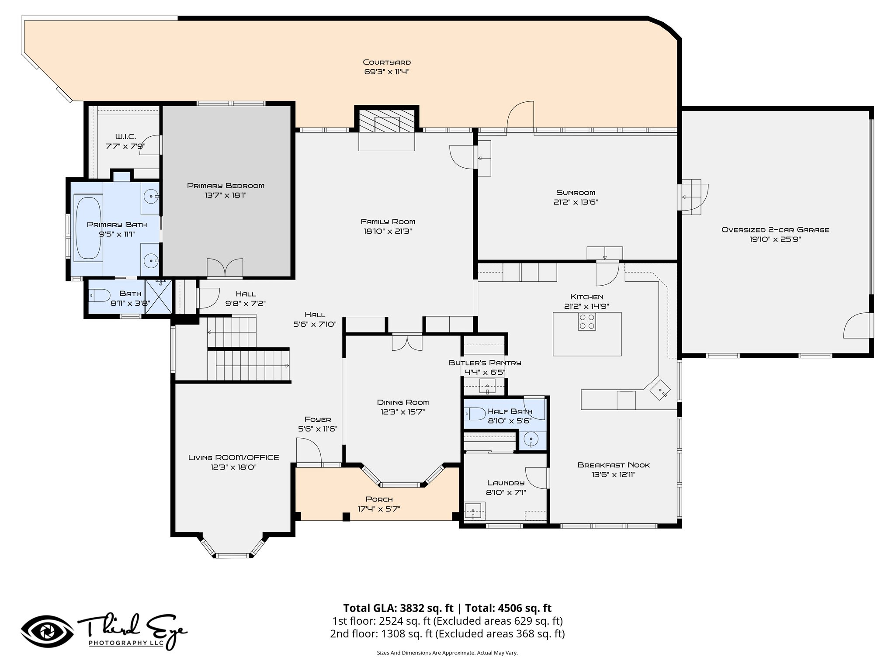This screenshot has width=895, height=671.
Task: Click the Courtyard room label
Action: click(387, 62)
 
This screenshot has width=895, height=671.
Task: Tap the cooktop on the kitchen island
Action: click(586, 322)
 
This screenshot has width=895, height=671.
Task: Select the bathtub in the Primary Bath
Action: click(88, 229)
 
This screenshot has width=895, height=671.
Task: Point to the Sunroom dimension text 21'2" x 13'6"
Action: click(576, 202)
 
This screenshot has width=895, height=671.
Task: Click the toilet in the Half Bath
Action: click(474, 412)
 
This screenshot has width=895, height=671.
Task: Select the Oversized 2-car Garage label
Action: click(775, 230)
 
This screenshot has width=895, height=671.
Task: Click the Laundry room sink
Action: click(473, 510)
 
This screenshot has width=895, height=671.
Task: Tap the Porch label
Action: click(379, 499)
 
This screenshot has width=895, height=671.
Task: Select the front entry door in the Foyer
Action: click(309, 451)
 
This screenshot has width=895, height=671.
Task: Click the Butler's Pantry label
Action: click(485, 363)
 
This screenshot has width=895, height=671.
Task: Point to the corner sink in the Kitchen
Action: click(660, 390)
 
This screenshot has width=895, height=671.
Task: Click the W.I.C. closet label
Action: click(125, 137)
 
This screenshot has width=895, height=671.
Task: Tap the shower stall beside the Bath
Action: click(158, 297)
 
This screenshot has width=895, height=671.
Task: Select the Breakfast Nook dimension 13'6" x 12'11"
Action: click(613, 475)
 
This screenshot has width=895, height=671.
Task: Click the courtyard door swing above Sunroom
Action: click(520, 116)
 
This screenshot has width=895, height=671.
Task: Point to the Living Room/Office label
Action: click(233, 457)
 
